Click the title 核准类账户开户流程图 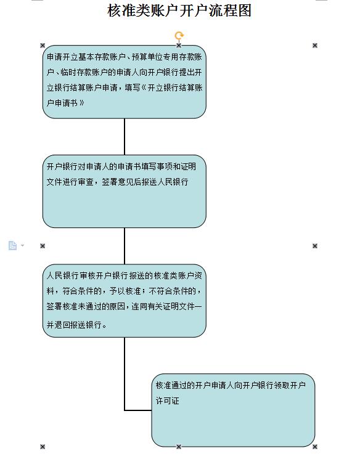[x=179, y=10]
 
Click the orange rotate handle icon [x=179, y=36]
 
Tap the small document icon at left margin [x=12, y=245]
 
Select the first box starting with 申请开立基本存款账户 [x=125, y=82]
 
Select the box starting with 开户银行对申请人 [x=125, y=192]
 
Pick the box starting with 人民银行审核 [x=125, y=301]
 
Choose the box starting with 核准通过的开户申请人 [x=233, y=410]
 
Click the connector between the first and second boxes [x=125, y=137]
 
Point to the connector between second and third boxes [x=125, y=246]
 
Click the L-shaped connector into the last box [x=125, y=378]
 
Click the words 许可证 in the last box [x=167, y=401]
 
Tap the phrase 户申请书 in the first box [x=62, y=103]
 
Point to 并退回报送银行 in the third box [x=74, y=325]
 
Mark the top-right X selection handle [x=315, y=46]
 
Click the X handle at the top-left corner [x=43, y=46]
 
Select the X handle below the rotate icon [x=179, y=46]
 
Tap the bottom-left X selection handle [x=43, y=447]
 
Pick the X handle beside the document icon [x=43, y=246]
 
